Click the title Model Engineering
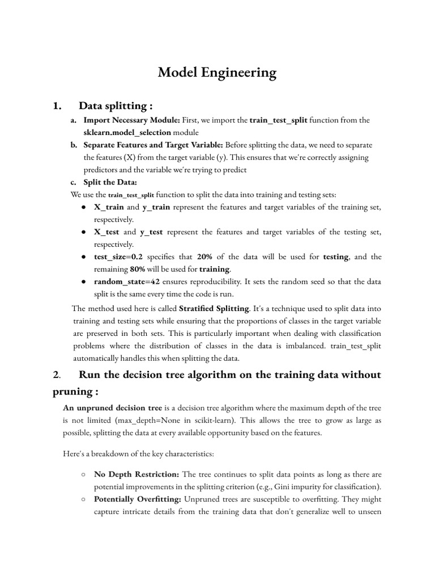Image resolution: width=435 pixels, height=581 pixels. point(217,73)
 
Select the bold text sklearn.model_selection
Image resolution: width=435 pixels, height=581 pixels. point(127,132)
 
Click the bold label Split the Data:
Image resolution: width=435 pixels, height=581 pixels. point(110,182)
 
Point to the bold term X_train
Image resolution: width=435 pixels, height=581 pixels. point(108,207)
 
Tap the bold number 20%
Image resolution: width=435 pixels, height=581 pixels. point(204,257)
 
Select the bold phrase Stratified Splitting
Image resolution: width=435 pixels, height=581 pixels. point(214,308)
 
